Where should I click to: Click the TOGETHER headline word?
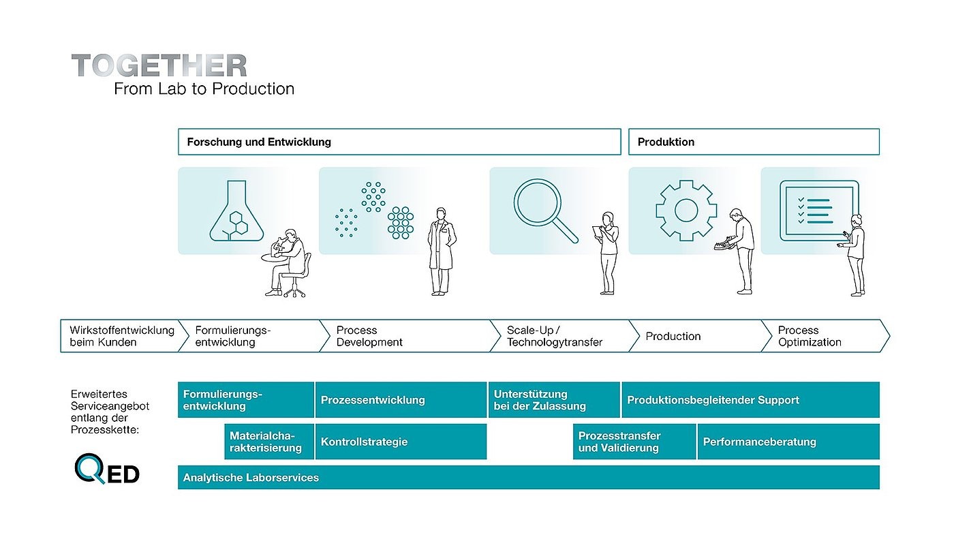tap(159, 65)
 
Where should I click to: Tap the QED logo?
tap(107, 468)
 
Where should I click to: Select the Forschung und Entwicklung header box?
tap(399, 142)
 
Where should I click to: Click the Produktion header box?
tap(754, 142)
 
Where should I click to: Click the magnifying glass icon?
tap(546, 211)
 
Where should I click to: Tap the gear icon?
tap(686, 211)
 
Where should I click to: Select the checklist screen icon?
tap(819, 211)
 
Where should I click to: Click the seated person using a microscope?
tap(286, 263)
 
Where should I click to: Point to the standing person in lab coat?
tap(442, 251)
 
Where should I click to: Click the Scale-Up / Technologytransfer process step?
tap(559, 336)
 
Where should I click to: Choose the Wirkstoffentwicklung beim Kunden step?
tap(122, 336)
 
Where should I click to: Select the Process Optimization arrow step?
tap(825, 336)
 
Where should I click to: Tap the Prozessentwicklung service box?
tap(401, 400)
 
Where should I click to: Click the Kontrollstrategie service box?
tap(401, 442)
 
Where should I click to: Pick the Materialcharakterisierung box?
tap(269, 442)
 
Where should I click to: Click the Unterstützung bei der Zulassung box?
tap(554, 400)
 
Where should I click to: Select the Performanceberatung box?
tap(789, 442)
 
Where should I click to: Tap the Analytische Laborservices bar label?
tap(251, 478)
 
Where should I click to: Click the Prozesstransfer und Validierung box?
tap(634, 442)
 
